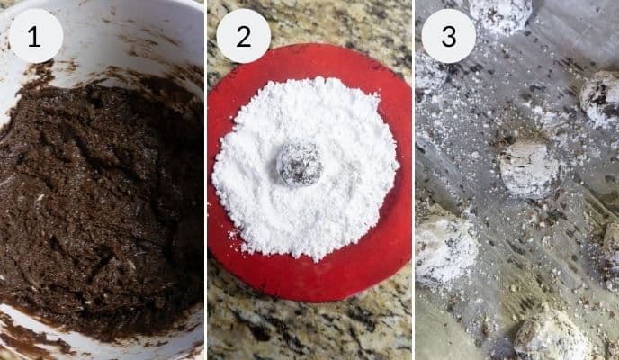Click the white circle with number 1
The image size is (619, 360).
click(36, 36)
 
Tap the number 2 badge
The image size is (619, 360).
click(243, 36)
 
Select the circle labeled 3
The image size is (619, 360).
click(448, 36)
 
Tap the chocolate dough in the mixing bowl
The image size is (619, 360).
click(99, 198)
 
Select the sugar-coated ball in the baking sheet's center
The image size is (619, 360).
click(530, 167)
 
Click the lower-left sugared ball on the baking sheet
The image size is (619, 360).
click(445, 249)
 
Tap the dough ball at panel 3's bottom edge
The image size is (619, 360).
click(551, 337)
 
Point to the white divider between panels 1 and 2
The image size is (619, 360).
click(206, 180)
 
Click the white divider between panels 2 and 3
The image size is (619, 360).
click(413, 180)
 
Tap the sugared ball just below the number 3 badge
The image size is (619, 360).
click(429, 76)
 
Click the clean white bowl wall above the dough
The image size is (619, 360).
click(135, 27)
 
